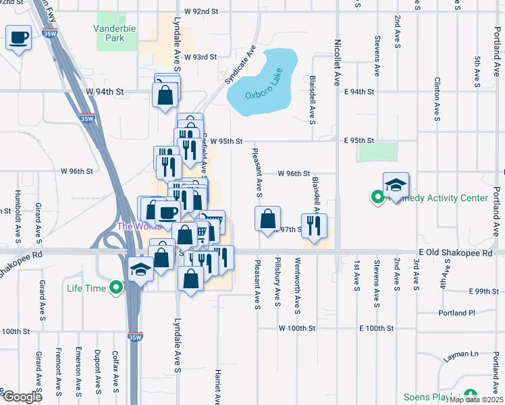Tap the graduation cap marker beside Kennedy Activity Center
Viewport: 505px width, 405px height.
(x=396, y=184)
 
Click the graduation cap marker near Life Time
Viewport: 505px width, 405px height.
(x=140, y=270)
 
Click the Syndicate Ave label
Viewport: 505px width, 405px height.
(x=242, y=64)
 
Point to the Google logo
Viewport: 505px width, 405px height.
(x=22, y=397)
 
